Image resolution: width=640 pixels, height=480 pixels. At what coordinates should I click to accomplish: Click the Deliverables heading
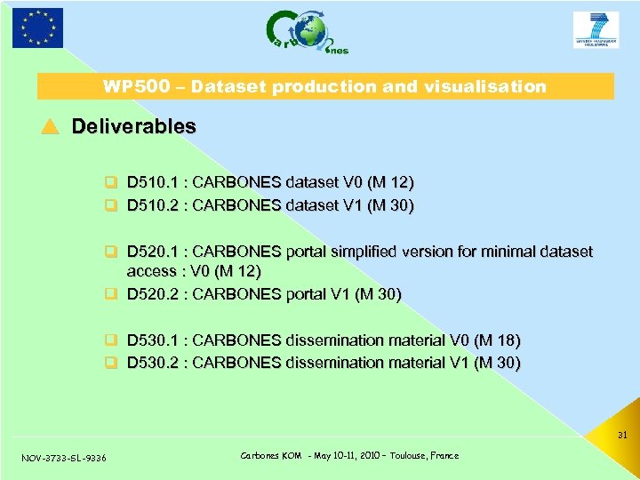133,126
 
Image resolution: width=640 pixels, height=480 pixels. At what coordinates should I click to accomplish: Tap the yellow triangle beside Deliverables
50,127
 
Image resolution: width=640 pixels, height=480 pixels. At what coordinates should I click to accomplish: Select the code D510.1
153,183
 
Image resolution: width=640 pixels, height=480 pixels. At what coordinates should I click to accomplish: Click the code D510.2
153,205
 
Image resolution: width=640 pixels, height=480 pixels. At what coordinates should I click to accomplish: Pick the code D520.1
153,252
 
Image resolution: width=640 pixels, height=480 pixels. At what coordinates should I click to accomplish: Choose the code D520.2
153,294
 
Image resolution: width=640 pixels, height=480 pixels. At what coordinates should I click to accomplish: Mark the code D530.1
153,340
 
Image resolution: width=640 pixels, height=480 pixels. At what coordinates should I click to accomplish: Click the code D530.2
153,363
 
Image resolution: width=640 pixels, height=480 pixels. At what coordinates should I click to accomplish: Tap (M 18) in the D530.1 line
498,340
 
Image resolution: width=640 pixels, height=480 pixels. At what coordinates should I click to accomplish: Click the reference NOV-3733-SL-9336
63,458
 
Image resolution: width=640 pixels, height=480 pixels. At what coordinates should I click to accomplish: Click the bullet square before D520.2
113,294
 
